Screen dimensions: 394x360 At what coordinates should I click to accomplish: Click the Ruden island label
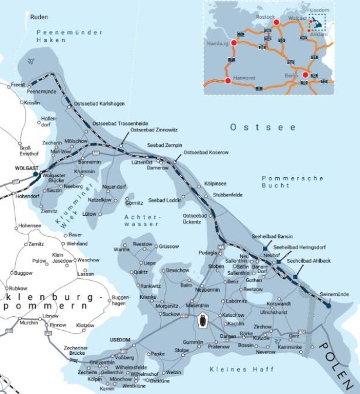39,18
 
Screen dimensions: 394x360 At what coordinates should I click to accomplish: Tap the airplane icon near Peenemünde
31,61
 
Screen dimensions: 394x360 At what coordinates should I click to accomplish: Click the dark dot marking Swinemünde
328,305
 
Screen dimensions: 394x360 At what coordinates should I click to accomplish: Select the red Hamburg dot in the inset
234,43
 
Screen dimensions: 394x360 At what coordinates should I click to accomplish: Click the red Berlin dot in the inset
304,75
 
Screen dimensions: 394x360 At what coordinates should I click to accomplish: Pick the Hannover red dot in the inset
228,81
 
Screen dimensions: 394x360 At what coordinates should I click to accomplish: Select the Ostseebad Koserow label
206,152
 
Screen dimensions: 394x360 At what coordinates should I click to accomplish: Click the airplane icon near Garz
278,341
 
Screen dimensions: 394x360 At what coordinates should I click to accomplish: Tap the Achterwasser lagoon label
143,220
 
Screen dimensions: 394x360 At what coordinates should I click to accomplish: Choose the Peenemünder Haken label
68,36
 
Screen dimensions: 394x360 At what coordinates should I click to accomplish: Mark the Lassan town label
85,274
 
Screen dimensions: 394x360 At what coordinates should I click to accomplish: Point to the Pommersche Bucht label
284,181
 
